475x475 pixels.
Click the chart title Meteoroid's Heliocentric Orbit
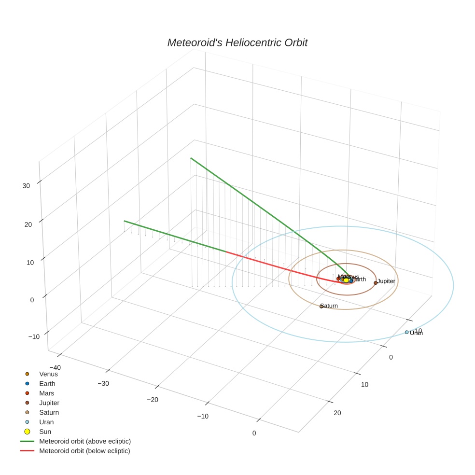coord(237,43)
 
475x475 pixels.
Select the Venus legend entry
coord(48,374)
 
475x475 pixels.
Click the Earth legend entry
coord(47,383)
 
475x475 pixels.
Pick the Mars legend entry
coord(47,393)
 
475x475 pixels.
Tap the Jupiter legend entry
coord(49,403)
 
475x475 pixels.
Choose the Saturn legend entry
coord(49,412)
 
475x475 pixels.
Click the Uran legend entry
coord(46,422)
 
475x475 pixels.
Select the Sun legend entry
coord(45,432)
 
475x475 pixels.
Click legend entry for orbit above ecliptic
coord(85,441)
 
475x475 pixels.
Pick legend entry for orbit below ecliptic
coord(85,451)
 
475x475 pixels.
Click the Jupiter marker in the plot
coord(376,283)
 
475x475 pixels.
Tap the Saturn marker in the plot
coord(321,307)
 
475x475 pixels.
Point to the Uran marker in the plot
coord(406,332)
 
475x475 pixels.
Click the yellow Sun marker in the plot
coord(346,280)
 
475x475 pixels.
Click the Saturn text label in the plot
coord(330,306)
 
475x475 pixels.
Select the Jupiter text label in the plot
coord(386,281)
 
